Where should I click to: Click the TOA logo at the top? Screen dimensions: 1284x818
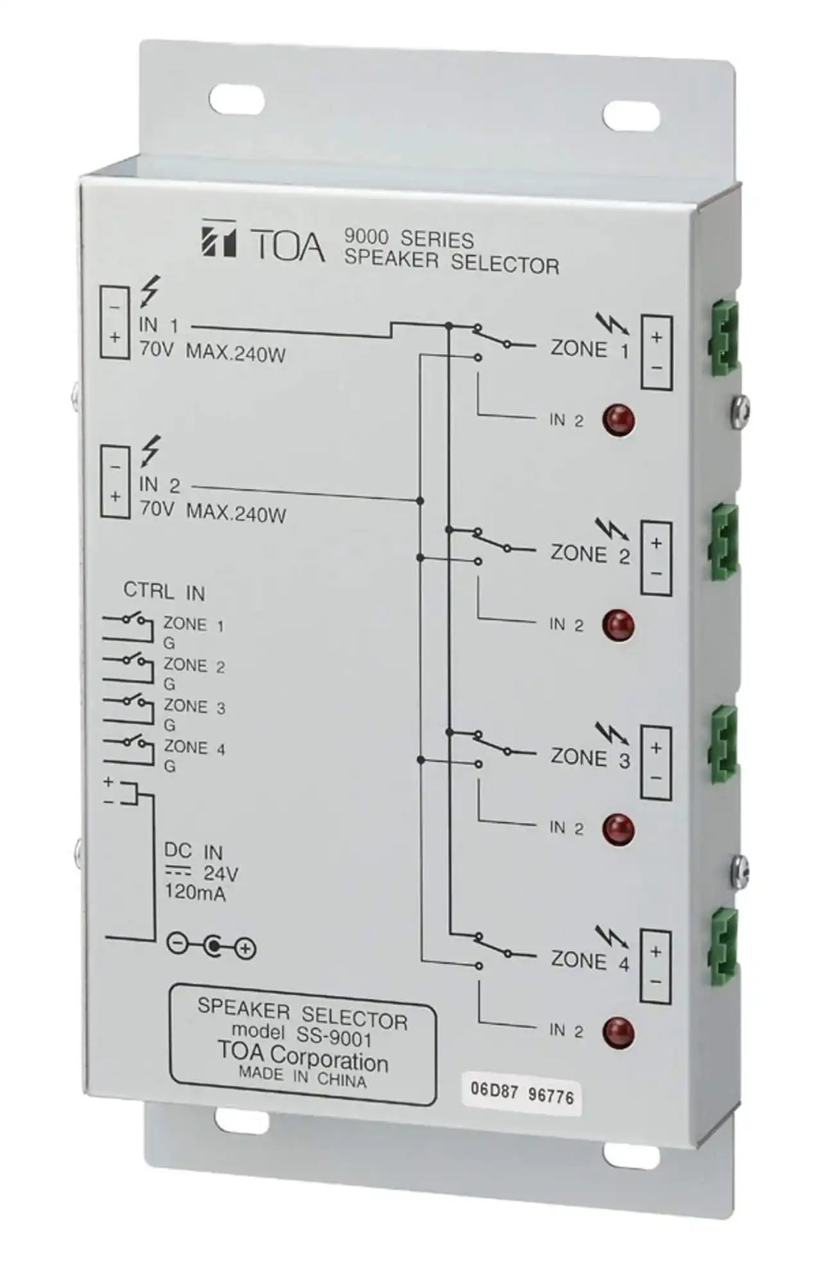point(262,241)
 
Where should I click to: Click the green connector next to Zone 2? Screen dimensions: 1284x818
point(724,543)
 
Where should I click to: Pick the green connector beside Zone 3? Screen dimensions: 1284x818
point(724,745)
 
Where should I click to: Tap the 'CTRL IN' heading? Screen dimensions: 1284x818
point(164,592)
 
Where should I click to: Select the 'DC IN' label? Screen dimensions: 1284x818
point(193,852)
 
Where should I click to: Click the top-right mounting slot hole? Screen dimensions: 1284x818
point(631,115)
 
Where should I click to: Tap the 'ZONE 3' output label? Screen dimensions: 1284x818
point(590,757)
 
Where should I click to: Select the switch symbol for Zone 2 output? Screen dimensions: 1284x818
point(492,541)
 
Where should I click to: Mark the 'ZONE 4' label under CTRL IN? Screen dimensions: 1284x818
point(194,748)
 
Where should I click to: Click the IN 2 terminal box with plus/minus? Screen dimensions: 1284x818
point(115,482)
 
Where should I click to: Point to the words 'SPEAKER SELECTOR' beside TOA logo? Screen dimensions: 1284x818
point(451,263)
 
